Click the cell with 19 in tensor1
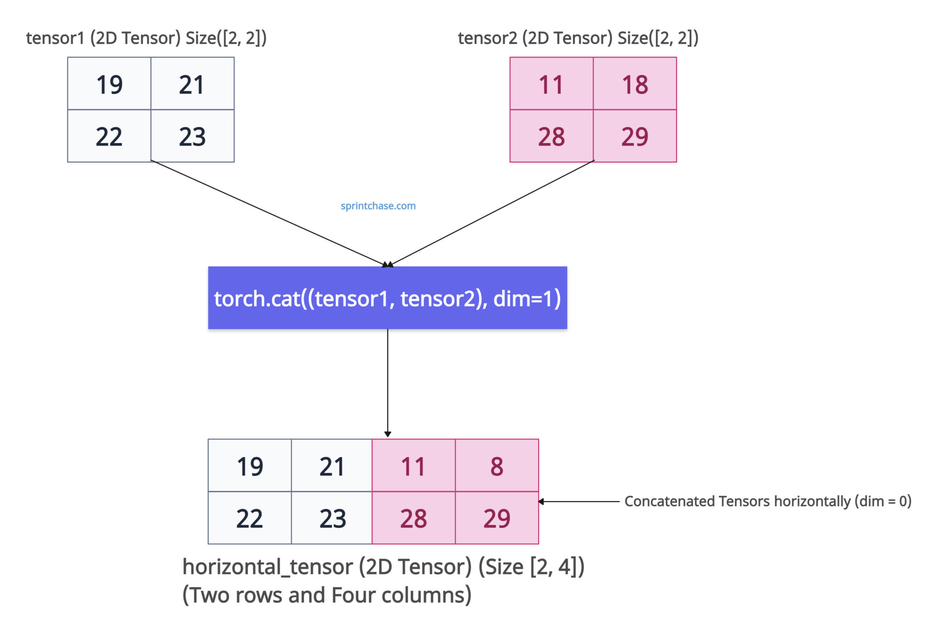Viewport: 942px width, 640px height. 109,84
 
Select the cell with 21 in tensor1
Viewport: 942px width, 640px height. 192,84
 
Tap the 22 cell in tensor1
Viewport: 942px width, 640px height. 109,136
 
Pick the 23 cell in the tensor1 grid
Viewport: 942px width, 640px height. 192,136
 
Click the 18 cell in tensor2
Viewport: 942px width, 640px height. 635,84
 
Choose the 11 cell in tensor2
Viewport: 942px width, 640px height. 551,84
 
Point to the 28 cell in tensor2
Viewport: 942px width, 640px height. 551,136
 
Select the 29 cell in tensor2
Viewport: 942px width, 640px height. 635,136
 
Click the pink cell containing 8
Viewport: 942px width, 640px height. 497,466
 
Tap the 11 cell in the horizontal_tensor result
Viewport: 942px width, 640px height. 413,466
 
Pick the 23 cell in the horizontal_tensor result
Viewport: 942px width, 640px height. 332,518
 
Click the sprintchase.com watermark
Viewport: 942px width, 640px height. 378,206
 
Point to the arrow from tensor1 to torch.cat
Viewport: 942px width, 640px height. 269,214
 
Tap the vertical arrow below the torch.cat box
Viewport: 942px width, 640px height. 387,382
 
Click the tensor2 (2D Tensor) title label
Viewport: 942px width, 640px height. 578,38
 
